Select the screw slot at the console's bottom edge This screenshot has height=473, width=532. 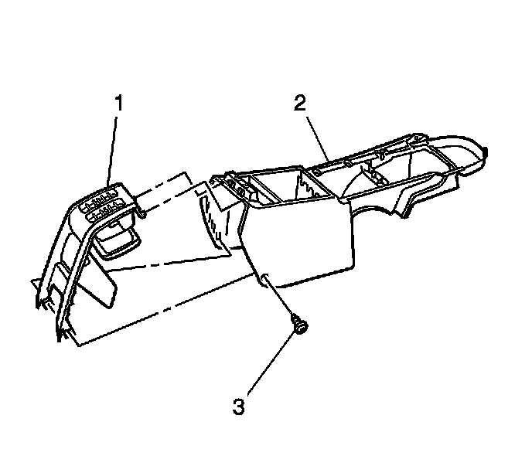266,280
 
